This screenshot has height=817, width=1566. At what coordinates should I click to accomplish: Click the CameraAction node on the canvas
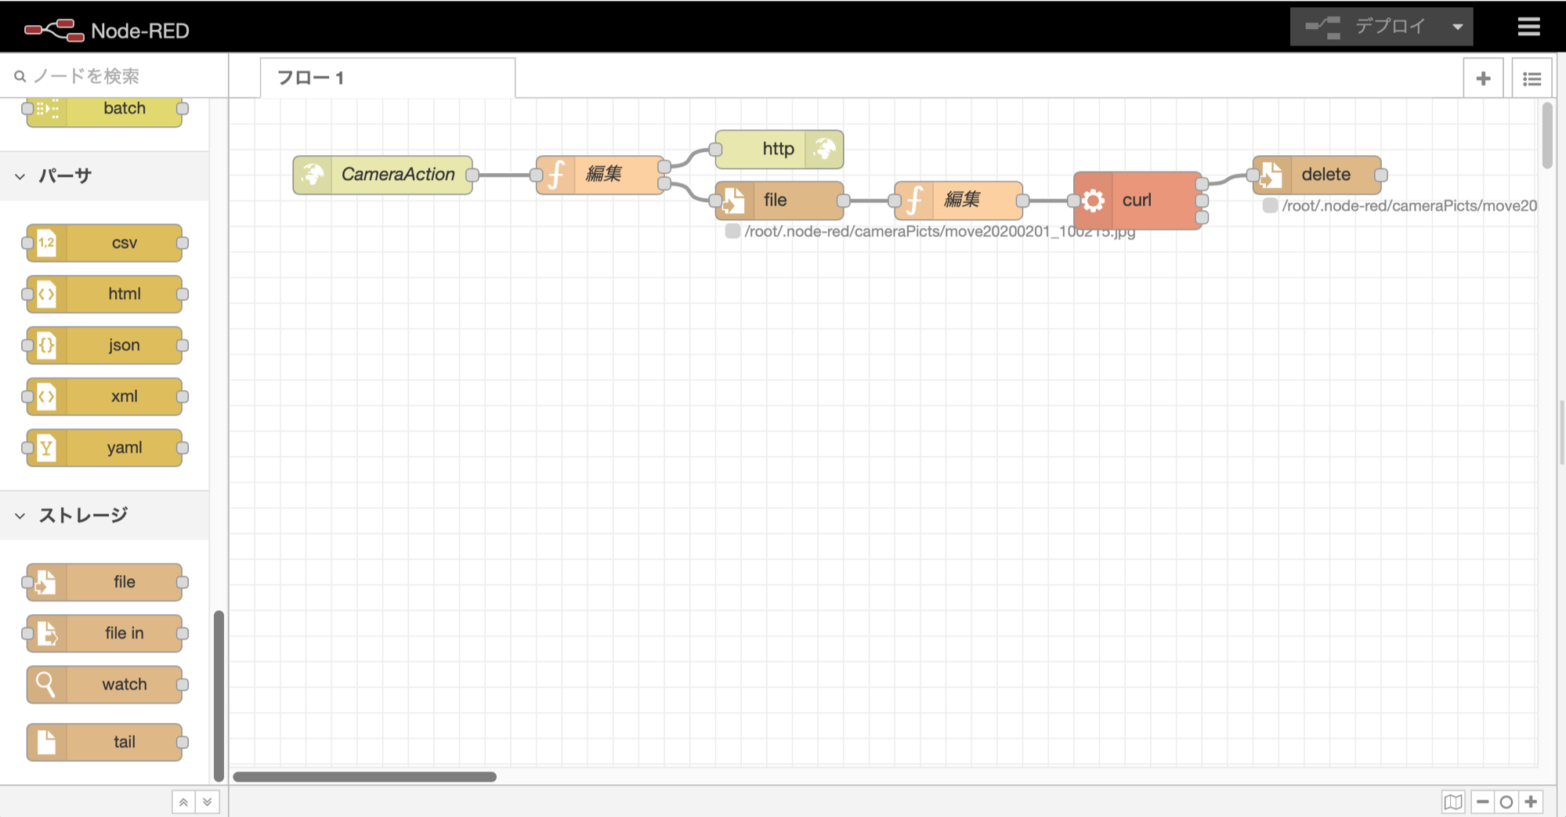(383, 175)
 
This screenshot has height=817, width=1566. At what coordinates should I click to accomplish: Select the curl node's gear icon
(1093, 201)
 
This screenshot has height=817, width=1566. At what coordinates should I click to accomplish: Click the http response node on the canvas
(779, 149)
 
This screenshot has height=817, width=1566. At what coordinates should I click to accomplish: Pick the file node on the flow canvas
(779, 201)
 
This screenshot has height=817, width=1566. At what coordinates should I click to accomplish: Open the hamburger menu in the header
(1528, 27)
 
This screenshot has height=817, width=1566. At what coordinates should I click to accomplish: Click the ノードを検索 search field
(118, 76)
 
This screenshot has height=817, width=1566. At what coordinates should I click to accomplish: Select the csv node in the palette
(105, 243)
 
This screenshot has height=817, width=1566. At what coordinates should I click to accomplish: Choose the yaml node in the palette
(105, 447)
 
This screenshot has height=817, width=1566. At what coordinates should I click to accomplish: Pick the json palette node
(105, 345)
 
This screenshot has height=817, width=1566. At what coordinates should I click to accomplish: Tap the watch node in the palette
(105, 685)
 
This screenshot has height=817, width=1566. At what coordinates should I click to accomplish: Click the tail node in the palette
(105, 742)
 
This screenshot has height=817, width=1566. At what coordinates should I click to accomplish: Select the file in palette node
(105, 633)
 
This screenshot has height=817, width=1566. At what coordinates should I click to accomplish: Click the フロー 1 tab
(310, 78)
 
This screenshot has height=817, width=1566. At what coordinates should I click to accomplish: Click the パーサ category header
(66, 176)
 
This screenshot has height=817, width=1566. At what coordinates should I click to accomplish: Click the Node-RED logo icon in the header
(54, 30)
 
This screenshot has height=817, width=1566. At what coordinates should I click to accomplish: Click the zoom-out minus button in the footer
(1482, 802)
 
